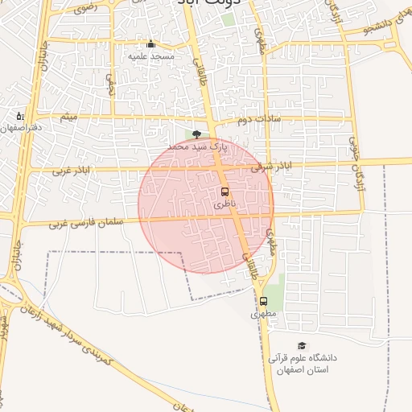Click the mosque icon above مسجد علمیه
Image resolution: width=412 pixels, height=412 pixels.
pos(150,44)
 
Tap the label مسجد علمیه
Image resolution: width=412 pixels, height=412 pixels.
pos(151,57)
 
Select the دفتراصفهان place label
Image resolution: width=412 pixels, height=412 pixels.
pos(21,128)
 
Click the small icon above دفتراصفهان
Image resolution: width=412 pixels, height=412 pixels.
pos(20,116)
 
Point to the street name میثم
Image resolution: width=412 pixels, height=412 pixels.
pos(70,117)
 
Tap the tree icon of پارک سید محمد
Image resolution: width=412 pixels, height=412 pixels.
pos(196,135)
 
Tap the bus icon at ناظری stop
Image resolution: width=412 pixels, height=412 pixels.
pos(225,192)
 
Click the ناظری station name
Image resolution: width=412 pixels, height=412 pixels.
pos(225,205)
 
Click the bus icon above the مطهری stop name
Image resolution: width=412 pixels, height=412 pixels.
pos(263,301)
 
